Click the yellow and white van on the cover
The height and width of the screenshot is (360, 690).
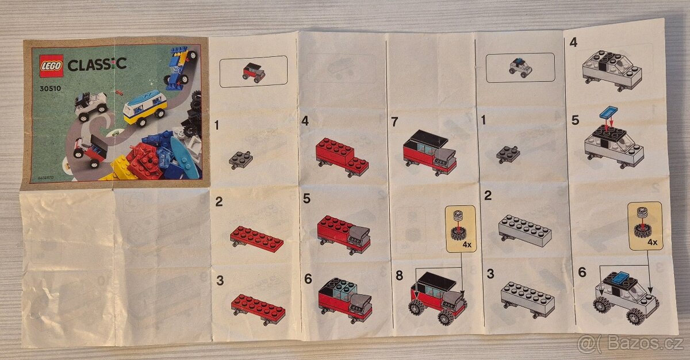145,107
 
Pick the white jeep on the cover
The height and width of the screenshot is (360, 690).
91,105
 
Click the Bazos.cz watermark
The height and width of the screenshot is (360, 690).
631,344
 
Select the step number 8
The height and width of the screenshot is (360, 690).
399,275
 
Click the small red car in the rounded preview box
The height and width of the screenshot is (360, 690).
253,72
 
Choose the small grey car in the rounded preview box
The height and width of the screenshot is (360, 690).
520,68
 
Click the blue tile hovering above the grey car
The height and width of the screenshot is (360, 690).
608,111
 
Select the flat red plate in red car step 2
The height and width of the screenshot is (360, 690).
256,238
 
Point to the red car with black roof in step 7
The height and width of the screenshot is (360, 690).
430,152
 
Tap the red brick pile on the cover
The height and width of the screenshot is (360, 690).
142,159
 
